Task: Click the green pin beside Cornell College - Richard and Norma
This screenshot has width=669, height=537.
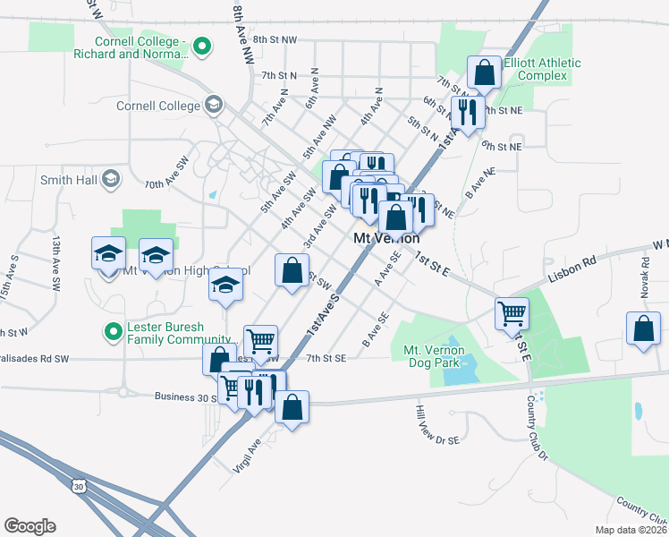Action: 202,47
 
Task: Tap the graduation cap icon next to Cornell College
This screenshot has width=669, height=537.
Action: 213,106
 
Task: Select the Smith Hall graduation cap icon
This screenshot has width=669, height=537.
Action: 111,179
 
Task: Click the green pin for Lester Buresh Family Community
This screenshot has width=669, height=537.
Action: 113,333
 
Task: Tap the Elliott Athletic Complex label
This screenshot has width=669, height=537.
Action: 542,69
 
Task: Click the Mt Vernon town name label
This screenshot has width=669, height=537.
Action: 386,239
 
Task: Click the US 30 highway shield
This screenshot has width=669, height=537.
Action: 78,484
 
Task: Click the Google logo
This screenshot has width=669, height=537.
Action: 30,526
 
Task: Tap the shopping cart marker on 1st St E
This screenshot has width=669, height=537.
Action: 512,314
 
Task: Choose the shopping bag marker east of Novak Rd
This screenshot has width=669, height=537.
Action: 643,329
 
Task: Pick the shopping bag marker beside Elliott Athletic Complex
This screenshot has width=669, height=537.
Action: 484,73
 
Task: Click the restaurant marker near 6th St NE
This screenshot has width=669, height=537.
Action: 466,113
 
